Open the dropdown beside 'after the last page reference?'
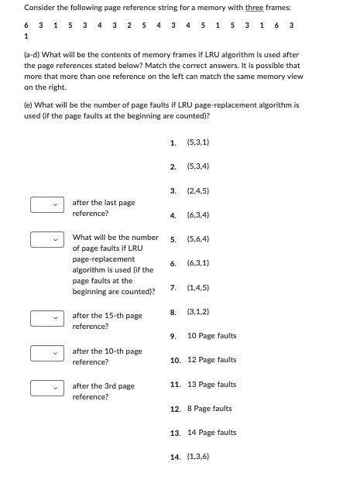pos(46,205)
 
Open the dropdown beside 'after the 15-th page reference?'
pos(46,318)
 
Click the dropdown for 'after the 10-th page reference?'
pos(46,354)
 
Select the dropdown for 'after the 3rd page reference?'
pos(46,389)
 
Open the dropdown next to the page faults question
pos(46,240)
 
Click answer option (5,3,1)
pos(198,142)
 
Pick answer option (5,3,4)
pos(198,166)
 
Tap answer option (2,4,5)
pos(198,190)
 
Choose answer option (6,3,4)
pos(198,215)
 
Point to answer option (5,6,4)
pos(198,239)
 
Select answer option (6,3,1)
pos(198,263)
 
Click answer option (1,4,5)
pos(198,287)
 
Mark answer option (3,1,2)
pos(198,311)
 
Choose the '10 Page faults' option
pos(211,336)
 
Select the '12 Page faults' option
pos(211,360)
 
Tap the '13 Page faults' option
pos(211,385)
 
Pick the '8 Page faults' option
pos(209,409)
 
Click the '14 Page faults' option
pos(211,433)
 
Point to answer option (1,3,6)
pos(198,457)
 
